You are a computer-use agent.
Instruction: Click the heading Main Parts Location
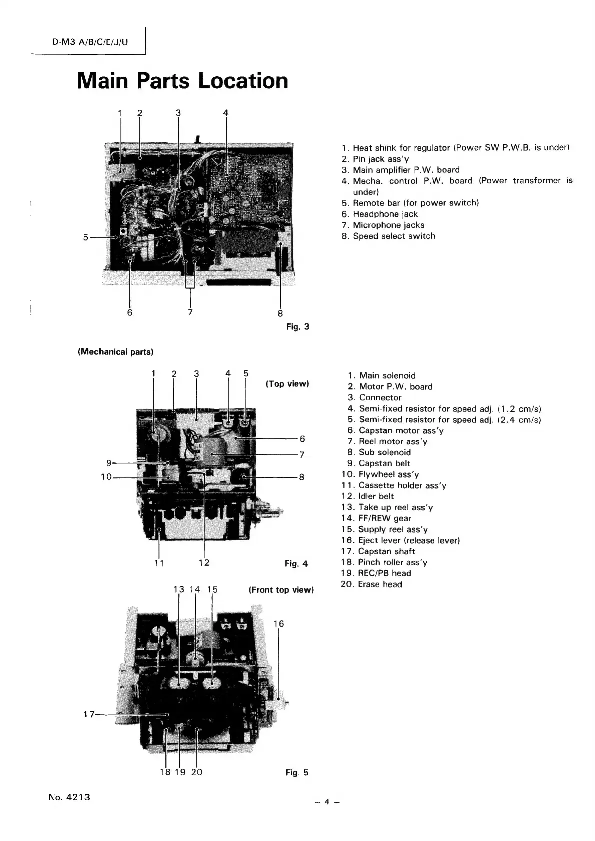(x=183, y=81)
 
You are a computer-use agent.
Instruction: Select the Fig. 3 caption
(x=298, y=327)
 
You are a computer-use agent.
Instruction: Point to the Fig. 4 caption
(x=296, y=564)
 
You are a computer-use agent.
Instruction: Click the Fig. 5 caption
(x=297, y=772)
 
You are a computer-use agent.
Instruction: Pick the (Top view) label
(x=287, y=384)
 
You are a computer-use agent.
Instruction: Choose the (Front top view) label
(x=281, y=590)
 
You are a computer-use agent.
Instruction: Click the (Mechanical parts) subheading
(x=115, y=352)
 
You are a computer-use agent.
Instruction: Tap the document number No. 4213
(x=69, y=797)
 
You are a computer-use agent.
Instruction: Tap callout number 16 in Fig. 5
(x=279, y=623)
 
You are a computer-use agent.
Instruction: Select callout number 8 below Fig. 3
(x=280, y=313)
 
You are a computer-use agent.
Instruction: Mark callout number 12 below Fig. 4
(x=204, y=563)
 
